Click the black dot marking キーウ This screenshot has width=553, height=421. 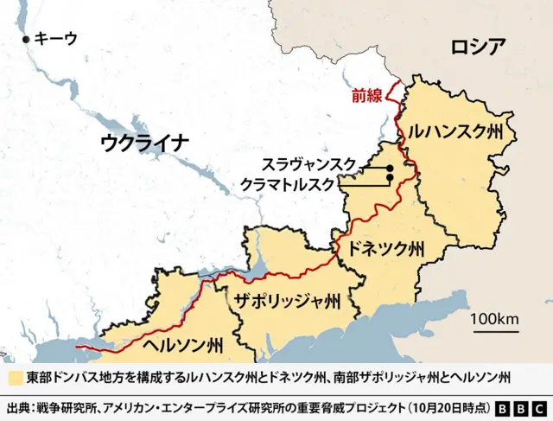[27, 39]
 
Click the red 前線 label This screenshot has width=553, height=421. [366, 96]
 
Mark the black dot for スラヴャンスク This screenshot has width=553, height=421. [390, 167]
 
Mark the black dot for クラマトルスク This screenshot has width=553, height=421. [390, 178]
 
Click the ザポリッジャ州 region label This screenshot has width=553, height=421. [287, 301]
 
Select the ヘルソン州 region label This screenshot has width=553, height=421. [181, 345]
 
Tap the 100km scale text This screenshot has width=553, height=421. [495, 320]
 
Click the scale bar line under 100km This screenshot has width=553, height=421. [495, 331]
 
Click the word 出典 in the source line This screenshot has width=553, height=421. [18, 407]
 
